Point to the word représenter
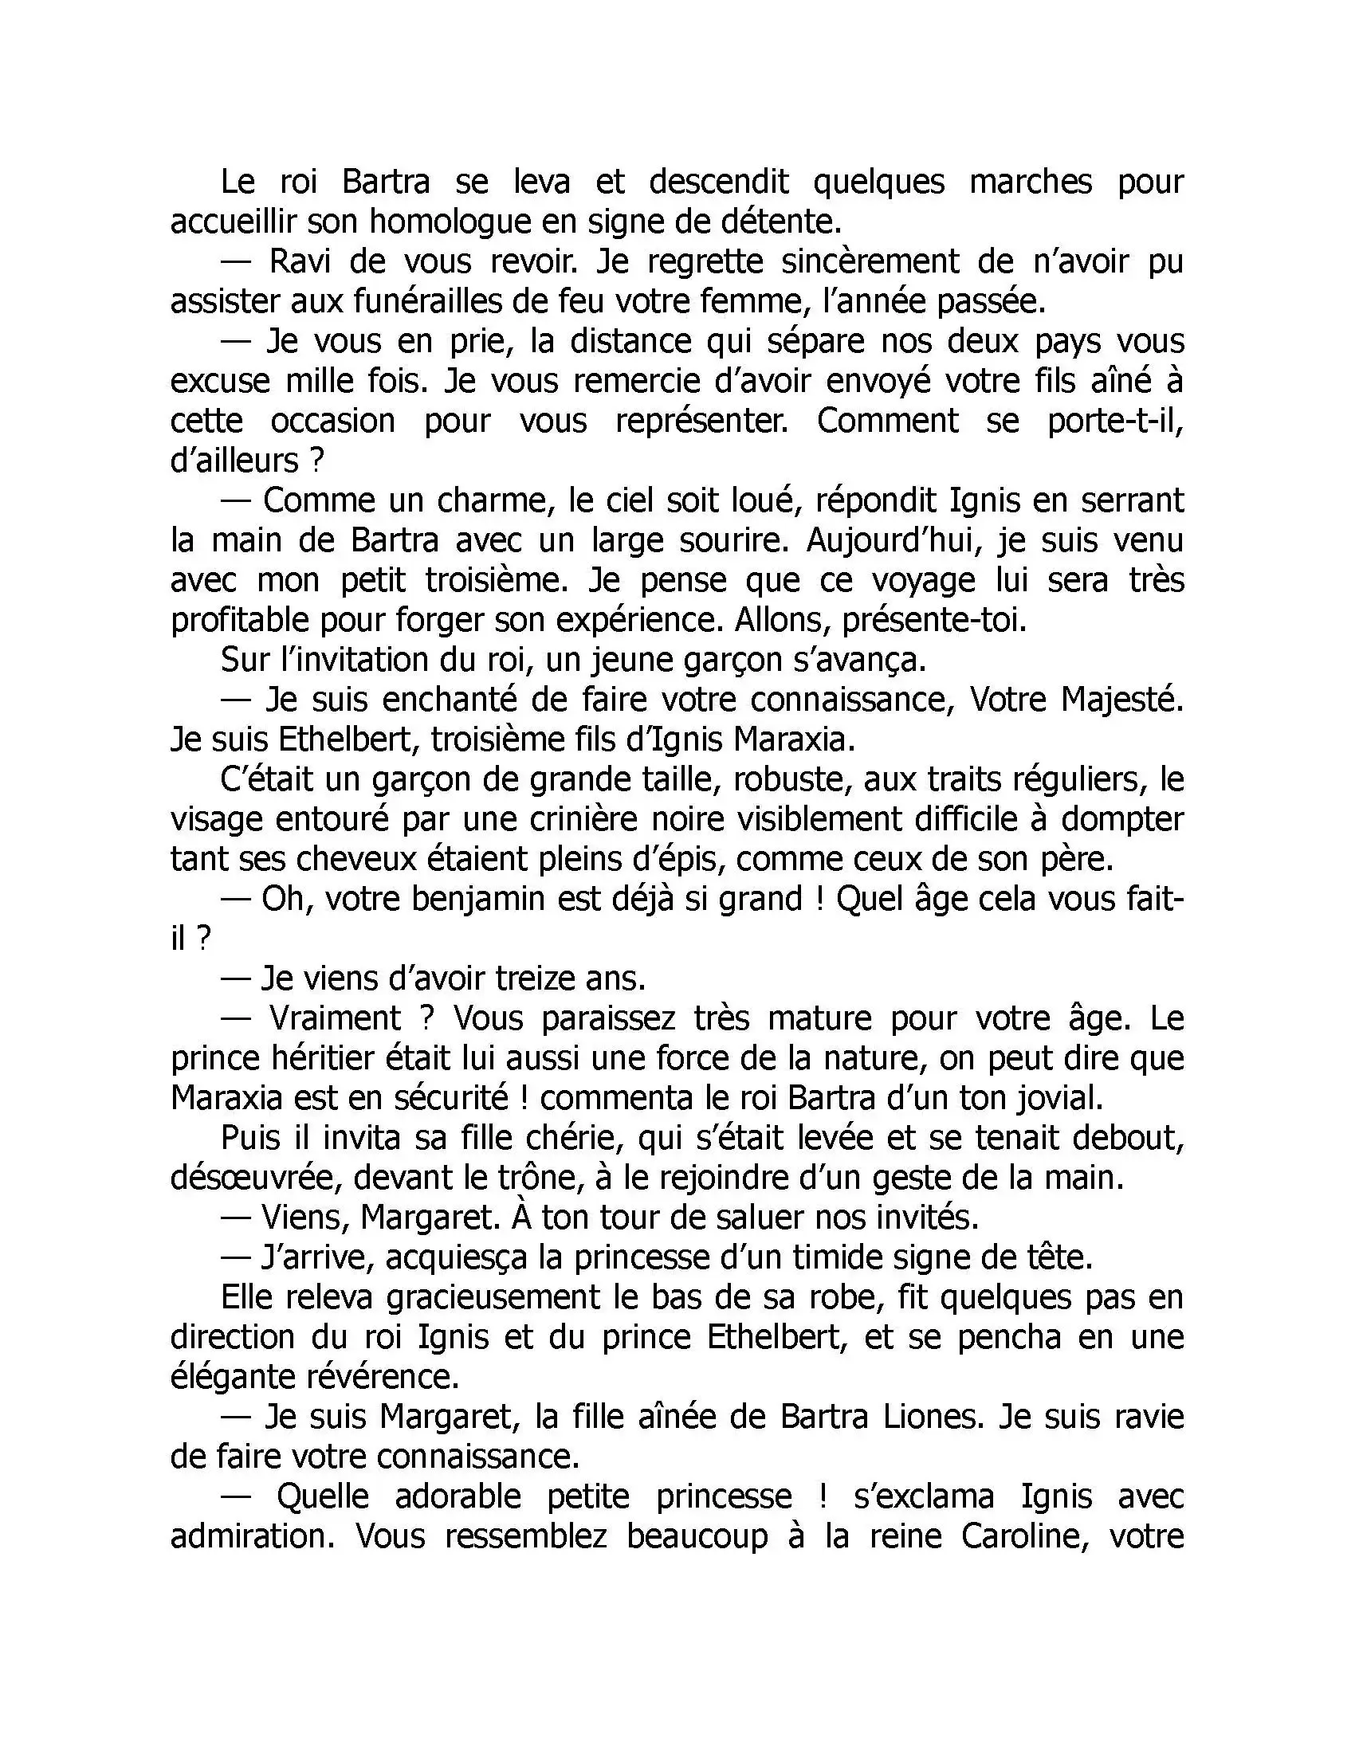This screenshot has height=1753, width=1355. (x=701, y=421)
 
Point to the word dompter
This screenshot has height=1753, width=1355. (x=1122, y=819)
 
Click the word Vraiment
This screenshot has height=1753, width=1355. (x=335, y=1018)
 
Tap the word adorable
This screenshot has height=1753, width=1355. (x=458, y=1497)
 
